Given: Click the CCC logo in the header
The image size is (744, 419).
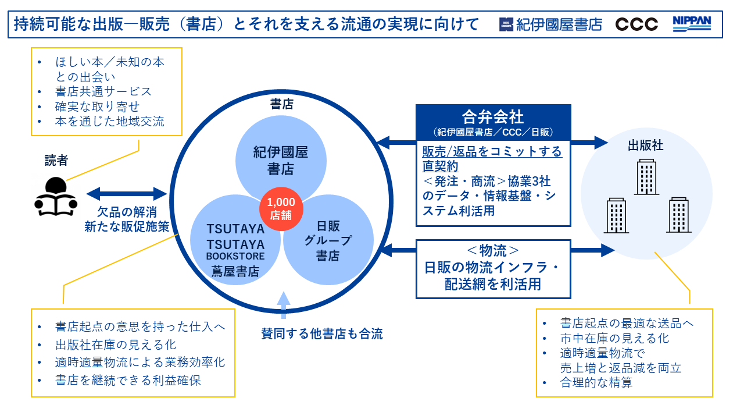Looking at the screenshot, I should (636, 24).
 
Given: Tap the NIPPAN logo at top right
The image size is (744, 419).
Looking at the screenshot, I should (692, 23).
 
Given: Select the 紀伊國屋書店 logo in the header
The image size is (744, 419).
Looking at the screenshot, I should (550, 24).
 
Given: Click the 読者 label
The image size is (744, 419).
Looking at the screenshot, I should (56, 161).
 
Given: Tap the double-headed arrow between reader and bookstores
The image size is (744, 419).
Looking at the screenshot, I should (127, 193).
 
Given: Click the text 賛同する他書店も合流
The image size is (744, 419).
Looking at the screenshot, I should (322, 334).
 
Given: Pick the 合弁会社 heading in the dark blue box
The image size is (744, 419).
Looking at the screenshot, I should (493, 116).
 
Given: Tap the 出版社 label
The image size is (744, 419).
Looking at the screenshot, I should (645, 145).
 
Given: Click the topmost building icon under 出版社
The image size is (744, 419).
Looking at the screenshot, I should (646, 177).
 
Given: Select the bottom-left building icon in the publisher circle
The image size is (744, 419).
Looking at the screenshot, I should (616, 215).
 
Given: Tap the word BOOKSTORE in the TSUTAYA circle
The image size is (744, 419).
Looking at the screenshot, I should (235, 256).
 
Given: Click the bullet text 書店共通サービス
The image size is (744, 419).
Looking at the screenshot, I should (103, 91).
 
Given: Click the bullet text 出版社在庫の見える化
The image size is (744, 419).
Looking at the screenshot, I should (116, 345).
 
